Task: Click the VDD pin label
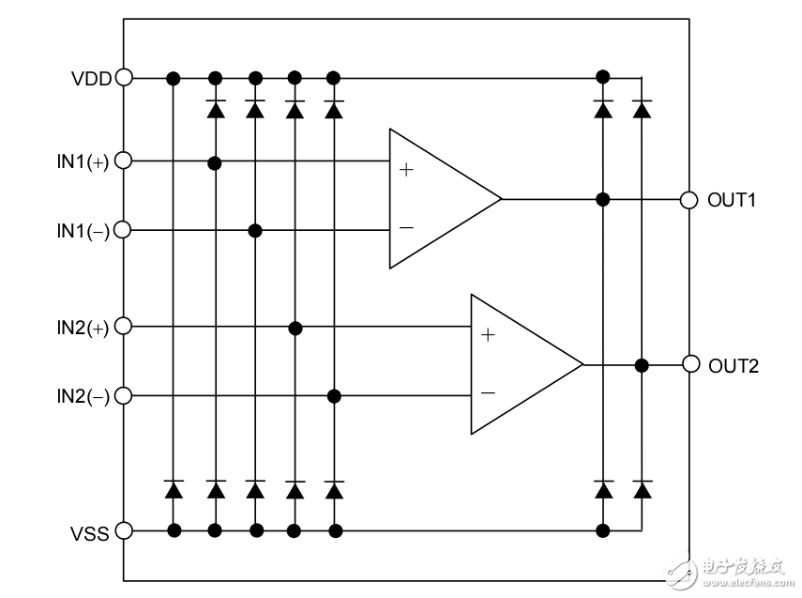click(x=91, y=78)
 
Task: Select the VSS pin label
click(x=91, y=532)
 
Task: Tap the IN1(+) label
click(x=83, y=161)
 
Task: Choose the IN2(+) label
click(x=83, y=328)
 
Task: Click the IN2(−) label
click(x=83, y=397)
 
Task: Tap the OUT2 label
click(x=733, y=365)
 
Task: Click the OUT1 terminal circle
click(x=689, y=199)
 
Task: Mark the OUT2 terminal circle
click(x=690, y=364)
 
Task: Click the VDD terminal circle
click(x=123, y=78)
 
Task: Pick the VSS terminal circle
click(x=123, y=531)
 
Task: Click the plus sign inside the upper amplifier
click(x=405, y=170)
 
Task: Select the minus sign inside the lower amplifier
click(x=487, y=393)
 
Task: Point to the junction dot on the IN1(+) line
click(x=215, y=163)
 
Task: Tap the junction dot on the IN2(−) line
click(x=334, y=396)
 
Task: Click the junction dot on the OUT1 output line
click(x=603, y=199)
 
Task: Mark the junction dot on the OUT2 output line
click(x=643, y=364)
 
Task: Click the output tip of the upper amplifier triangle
click(x=501, y=199)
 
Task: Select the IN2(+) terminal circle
click(x=123, y=327)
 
